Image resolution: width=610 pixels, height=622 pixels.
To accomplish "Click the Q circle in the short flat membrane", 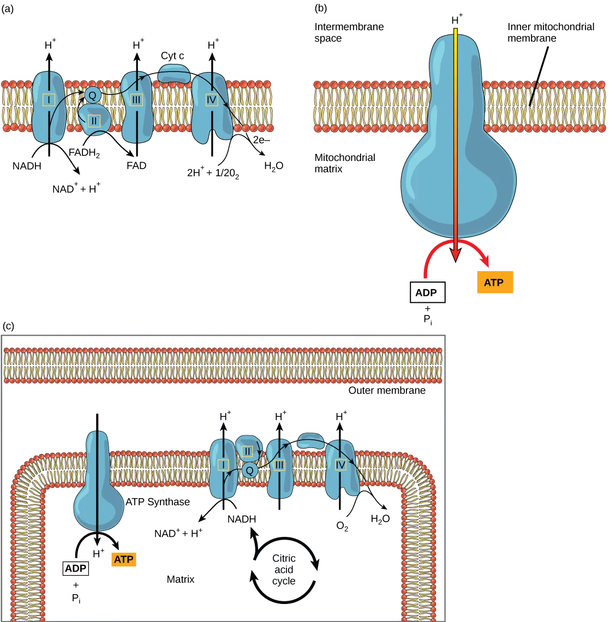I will pos(92,95).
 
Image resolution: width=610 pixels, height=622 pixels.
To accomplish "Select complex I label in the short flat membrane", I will pos(49,99).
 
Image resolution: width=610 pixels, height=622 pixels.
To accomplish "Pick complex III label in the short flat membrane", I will pos(136,99).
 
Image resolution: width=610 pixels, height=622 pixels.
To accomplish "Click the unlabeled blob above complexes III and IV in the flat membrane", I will pos(174,73).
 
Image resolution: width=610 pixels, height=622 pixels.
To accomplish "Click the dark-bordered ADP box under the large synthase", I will pos(427,292).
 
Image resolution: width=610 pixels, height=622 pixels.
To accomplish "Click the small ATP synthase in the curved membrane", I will pos(98,486).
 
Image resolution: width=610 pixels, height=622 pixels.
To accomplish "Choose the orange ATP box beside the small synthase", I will pos(124,559).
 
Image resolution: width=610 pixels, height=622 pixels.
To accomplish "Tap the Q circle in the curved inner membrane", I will pos(249,470).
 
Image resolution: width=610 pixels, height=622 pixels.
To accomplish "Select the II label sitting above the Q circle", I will pos(247,451).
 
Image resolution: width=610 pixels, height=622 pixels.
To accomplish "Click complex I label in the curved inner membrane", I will pos(223,464).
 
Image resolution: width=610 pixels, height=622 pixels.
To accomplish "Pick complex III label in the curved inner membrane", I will pos(279,465).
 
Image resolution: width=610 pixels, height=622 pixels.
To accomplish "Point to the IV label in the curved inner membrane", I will pos(341,464).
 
